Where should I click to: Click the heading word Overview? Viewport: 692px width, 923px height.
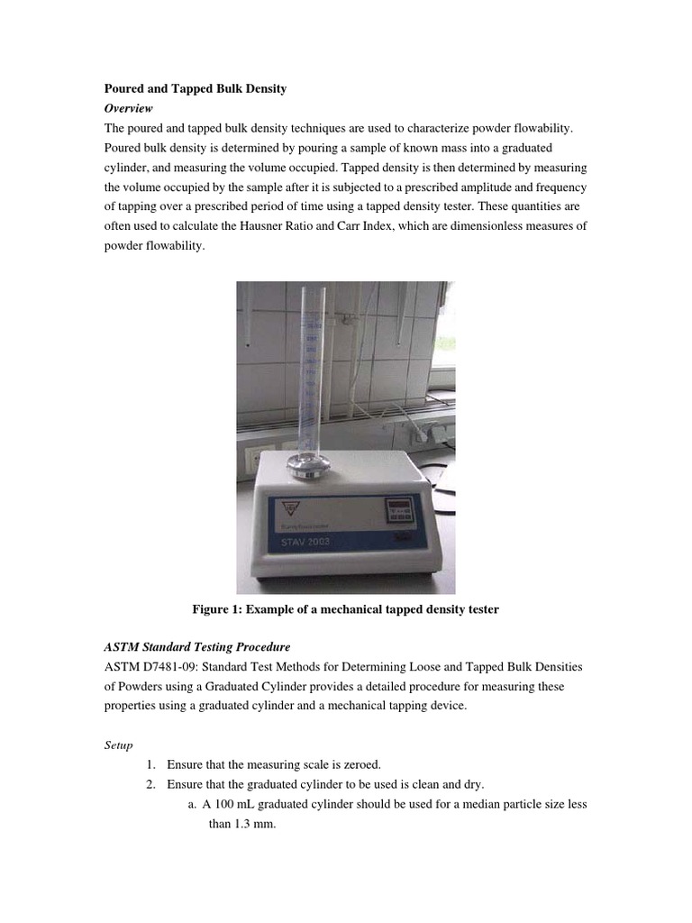(128, 108)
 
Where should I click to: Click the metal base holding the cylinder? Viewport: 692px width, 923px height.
(310, 466)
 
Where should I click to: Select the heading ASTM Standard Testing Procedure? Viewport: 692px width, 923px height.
(197, 647)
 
